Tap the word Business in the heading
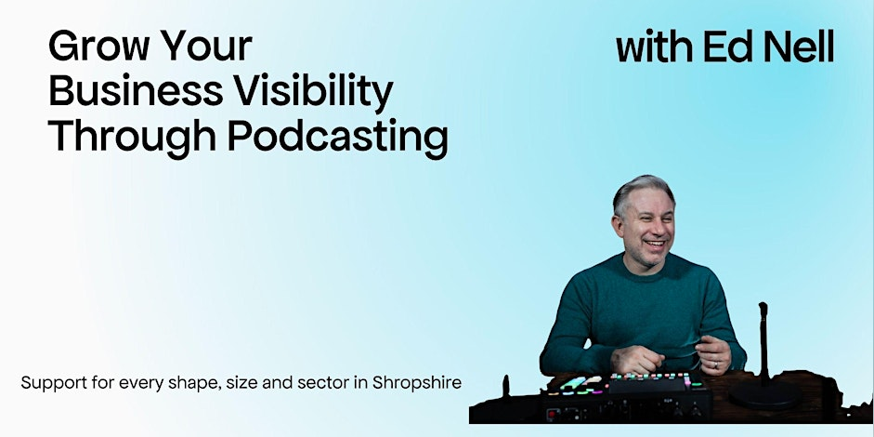click(x=136, y=91)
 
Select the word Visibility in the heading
click(x=313, y=93)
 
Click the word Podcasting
click(x=338, y=138)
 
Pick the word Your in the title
click(x=202, y=46)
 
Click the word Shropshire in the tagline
click(x=417, y=383)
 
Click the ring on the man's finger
click(x=716, y=365)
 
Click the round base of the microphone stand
click(x=764, y=394)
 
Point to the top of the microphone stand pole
click(x=763, y=305)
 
